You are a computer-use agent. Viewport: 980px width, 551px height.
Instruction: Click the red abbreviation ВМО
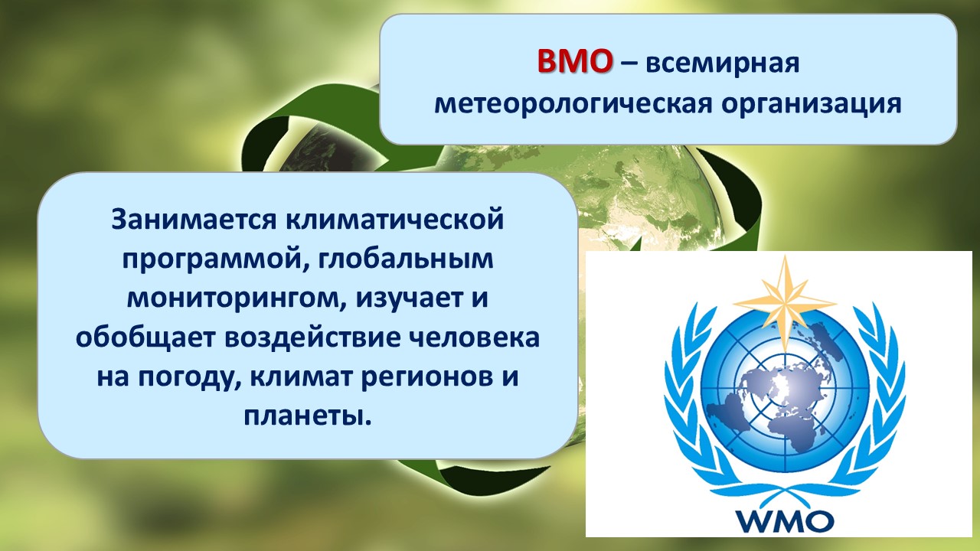tap(574, 61)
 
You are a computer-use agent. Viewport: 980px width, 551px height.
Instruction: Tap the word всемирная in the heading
tap(722, 64)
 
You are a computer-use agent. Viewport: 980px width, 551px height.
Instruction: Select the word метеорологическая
tap(573, 105)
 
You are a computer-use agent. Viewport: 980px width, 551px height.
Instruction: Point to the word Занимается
tap(194, 219)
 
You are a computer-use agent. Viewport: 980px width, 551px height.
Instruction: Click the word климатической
tap(395, 219)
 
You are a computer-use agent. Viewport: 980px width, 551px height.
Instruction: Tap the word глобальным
tap(406, 259)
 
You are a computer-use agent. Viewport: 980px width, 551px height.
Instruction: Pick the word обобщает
tap(145, 338)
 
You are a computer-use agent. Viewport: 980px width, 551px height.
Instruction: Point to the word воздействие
tap(313, 338)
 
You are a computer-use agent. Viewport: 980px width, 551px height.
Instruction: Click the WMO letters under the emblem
tap(785, 520)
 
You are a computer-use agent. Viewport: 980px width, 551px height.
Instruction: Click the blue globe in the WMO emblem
tap(785, 390)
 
